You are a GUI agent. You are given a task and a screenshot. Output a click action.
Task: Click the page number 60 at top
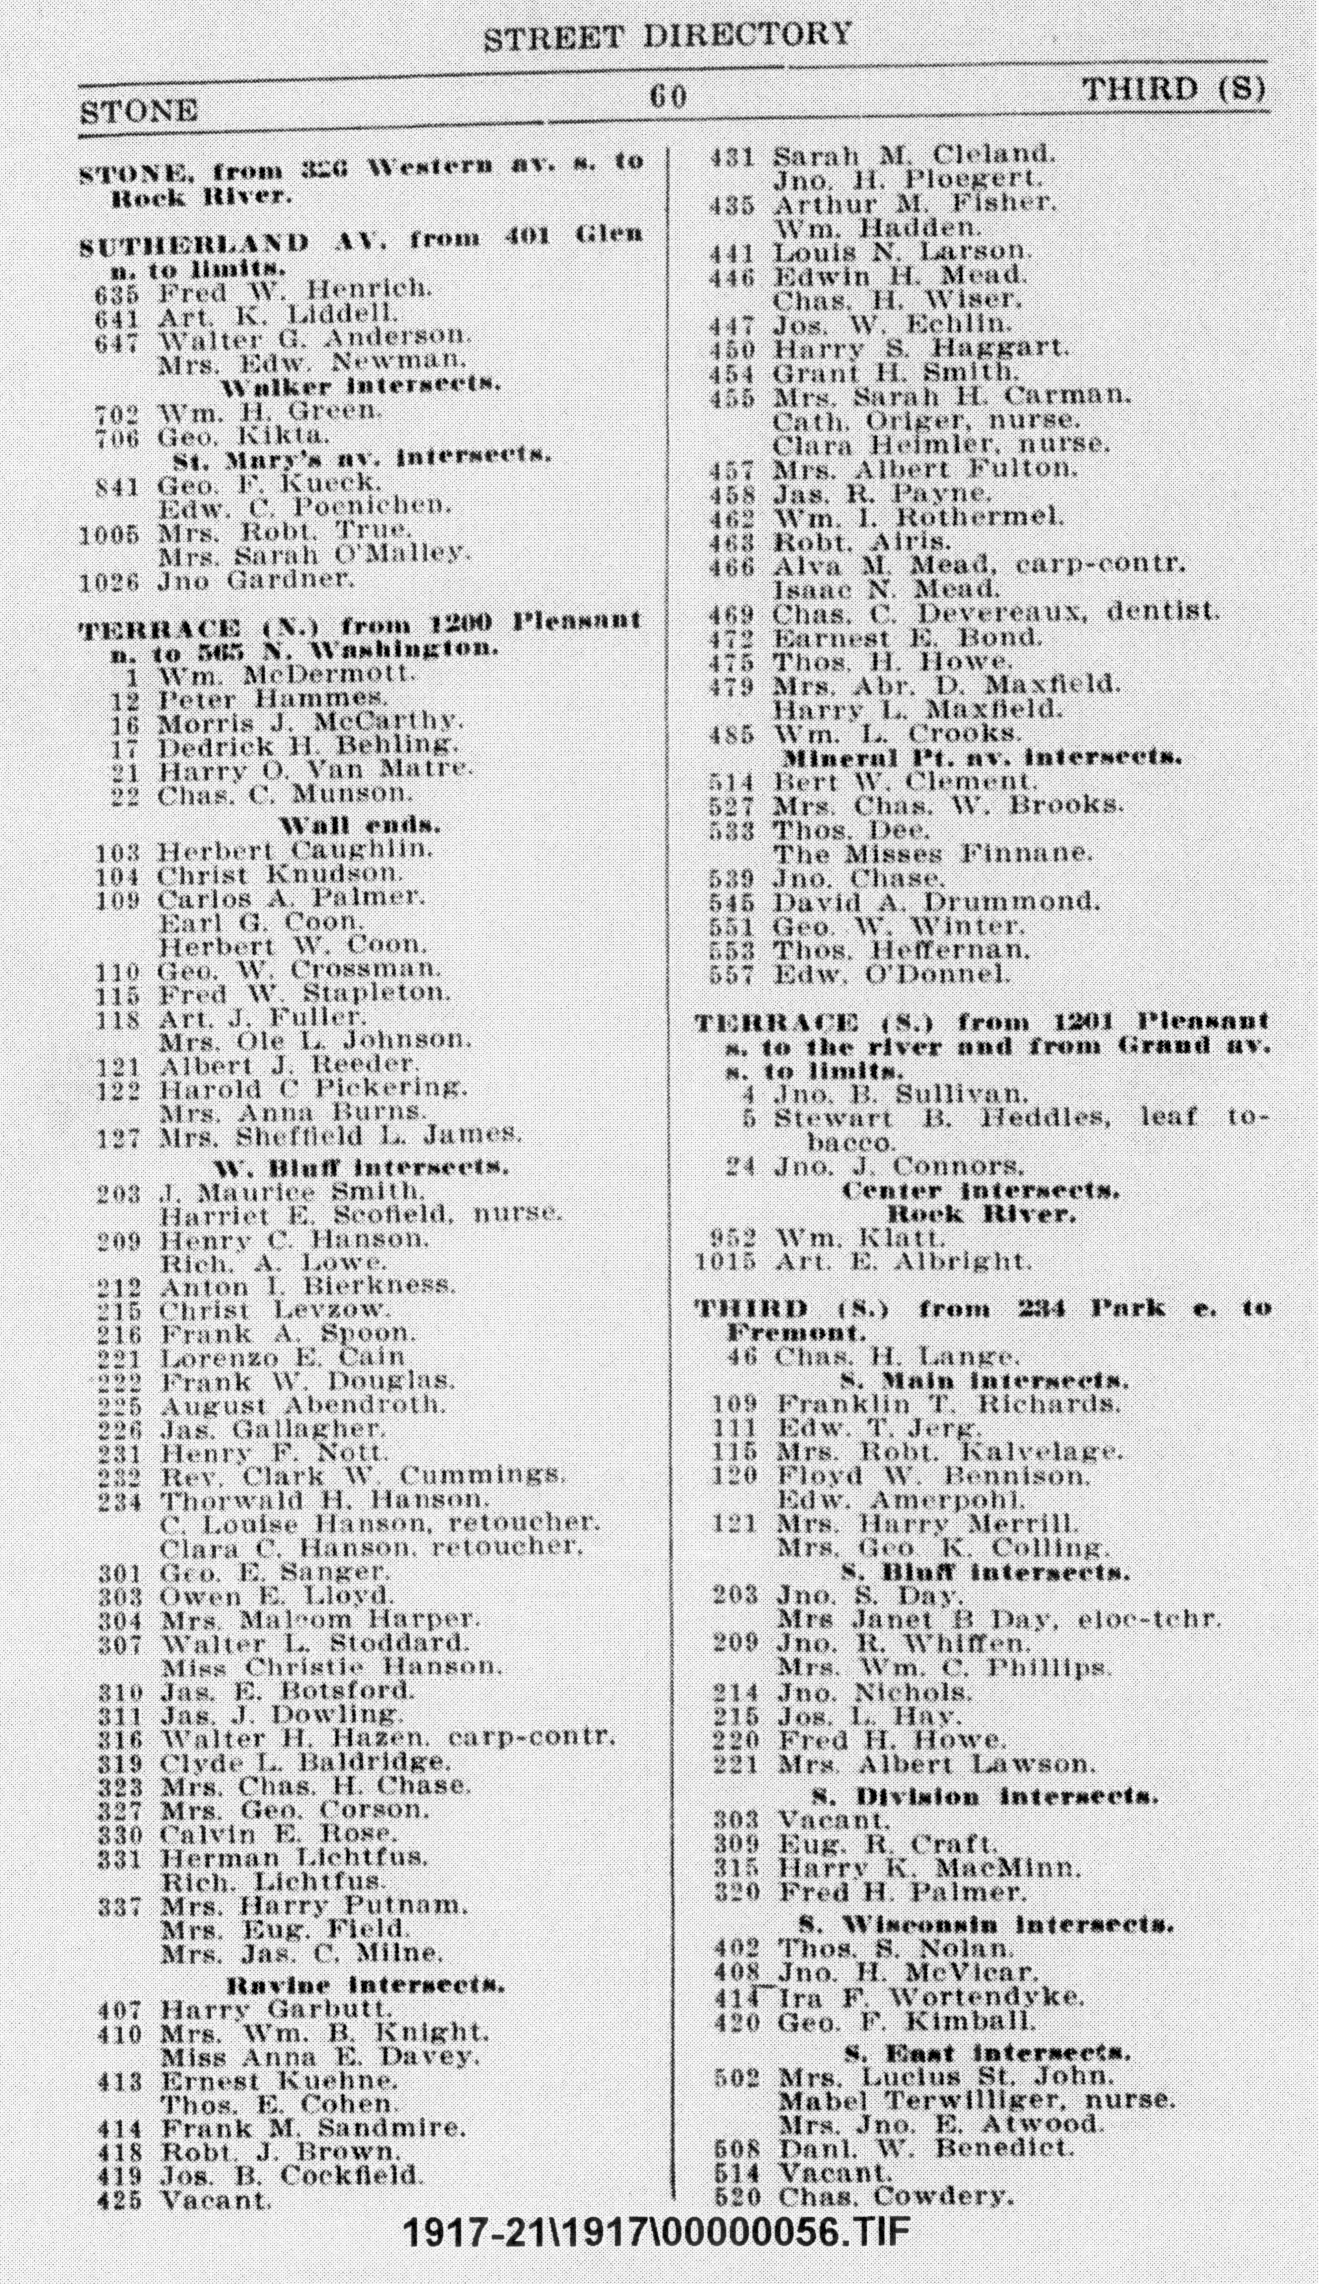[669, 96]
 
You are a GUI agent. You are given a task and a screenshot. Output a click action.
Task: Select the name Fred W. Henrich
[294, 291]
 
